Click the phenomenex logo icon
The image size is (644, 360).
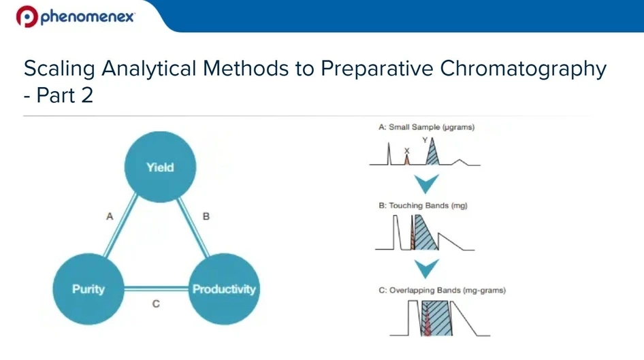[x=26, y=16]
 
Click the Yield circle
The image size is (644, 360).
[x=160, y=167]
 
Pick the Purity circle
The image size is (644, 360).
[x=88, y=289]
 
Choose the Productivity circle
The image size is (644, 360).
[x=224, y=289]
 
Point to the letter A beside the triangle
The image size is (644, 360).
[x=109, y=216]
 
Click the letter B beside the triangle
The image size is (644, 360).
[x=206, y=216]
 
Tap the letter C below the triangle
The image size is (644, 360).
[x=156, y=304]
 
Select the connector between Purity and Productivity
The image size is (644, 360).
[x=156, y=289]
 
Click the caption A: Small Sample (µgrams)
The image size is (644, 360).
[x=427, y=127]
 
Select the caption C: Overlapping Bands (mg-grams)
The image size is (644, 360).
[x=442, y=290]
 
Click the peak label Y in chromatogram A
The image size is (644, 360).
[x=425, y=140]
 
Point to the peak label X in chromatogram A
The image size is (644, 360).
[x=406, y=150]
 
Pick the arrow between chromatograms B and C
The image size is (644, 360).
[x=427, y=268]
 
